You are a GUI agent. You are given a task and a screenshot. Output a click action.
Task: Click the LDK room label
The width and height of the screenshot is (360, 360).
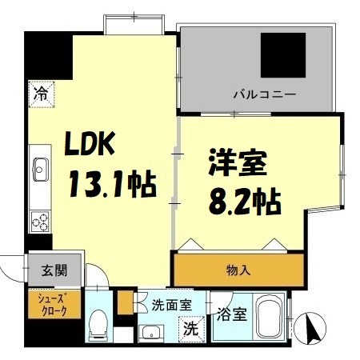click(93, 146)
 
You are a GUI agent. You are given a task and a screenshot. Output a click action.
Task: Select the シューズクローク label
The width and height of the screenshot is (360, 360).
click(54, 304)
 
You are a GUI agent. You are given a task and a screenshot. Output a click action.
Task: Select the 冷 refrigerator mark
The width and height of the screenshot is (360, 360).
click(39, 93)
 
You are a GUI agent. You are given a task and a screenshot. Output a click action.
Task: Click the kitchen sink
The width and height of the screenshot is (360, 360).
click(40, 169)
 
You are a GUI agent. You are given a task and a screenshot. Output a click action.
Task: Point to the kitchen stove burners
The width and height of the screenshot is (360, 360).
click(39, 218)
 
